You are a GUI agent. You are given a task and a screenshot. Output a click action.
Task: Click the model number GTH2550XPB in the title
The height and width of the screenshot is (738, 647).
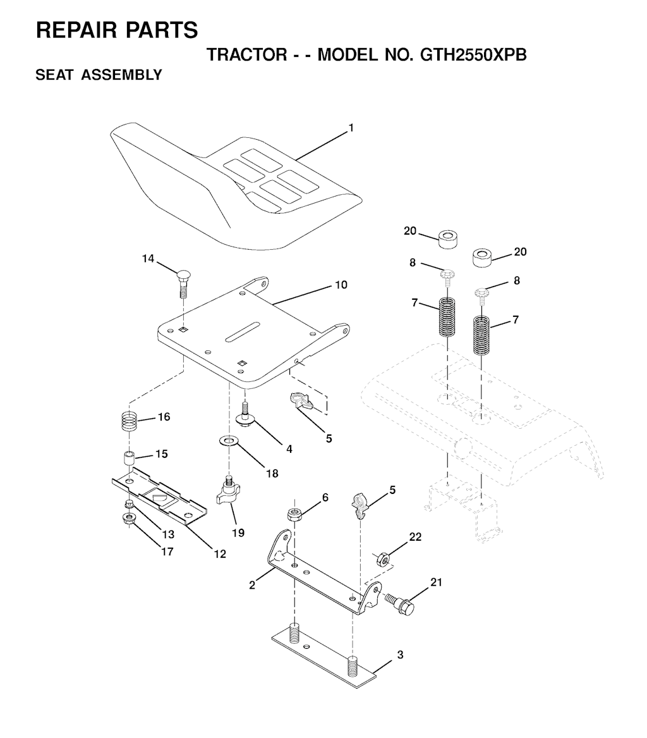click(473, 54)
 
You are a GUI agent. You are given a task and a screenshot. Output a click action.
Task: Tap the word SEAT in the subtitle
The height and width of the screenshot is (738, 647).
click(54, 75)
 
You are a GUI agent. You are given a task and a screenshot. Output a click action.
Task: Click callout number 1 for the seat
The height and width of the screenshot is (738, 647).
click(351, 128)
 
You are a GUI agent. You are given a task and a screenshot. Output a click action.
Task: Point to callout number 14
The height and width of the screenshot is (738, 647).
click(148, 259)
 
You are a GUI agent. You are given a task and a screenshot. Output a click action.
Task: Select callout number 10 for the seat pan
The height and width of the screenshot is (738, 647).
click(341, 285)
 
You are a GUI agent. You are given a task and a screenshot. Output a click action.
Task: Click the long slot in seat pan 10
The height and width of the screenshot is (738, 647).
click(243, 332)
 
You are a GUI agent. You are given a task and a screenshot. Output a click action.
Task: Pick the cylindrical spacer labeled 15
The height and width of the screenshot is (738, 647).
click(129, 458)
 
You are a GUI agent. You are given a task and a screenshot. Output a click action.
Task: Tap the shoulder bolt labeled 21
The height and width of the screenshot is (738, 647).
click(400, 605)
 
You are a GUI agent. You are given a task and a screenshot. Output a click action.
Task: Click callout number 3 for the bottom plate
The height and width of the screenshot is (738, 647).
click(400, 655)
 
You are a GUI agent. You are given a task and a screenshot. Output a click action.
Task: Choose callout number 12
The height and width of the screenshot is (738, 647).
click(220, 554)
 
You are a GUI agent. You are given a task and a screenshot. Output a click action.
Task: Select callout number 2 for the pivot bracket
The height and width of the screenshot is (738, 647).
click(253, 586)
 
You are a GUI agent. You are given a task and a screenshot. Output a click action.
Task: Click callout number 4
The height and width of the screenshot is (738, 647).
click(289, 450)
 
